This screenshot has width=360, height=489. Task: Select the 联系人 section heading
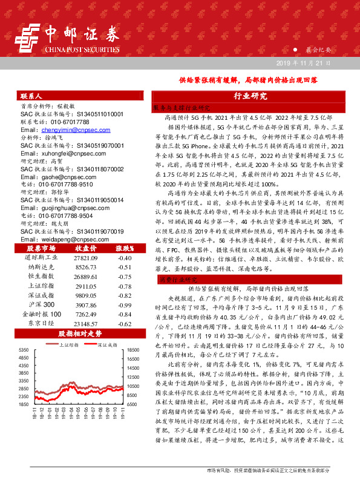point(30,96)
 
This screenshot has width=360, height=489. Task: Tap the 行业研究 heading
point(250,96)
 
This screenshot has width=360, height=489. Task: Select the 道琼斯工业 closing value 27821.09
point(85,257)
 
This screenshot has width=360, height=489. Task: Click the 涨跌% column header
point(125,248)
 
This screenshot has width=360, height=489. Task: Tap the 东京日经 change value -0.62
point(125,324)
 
